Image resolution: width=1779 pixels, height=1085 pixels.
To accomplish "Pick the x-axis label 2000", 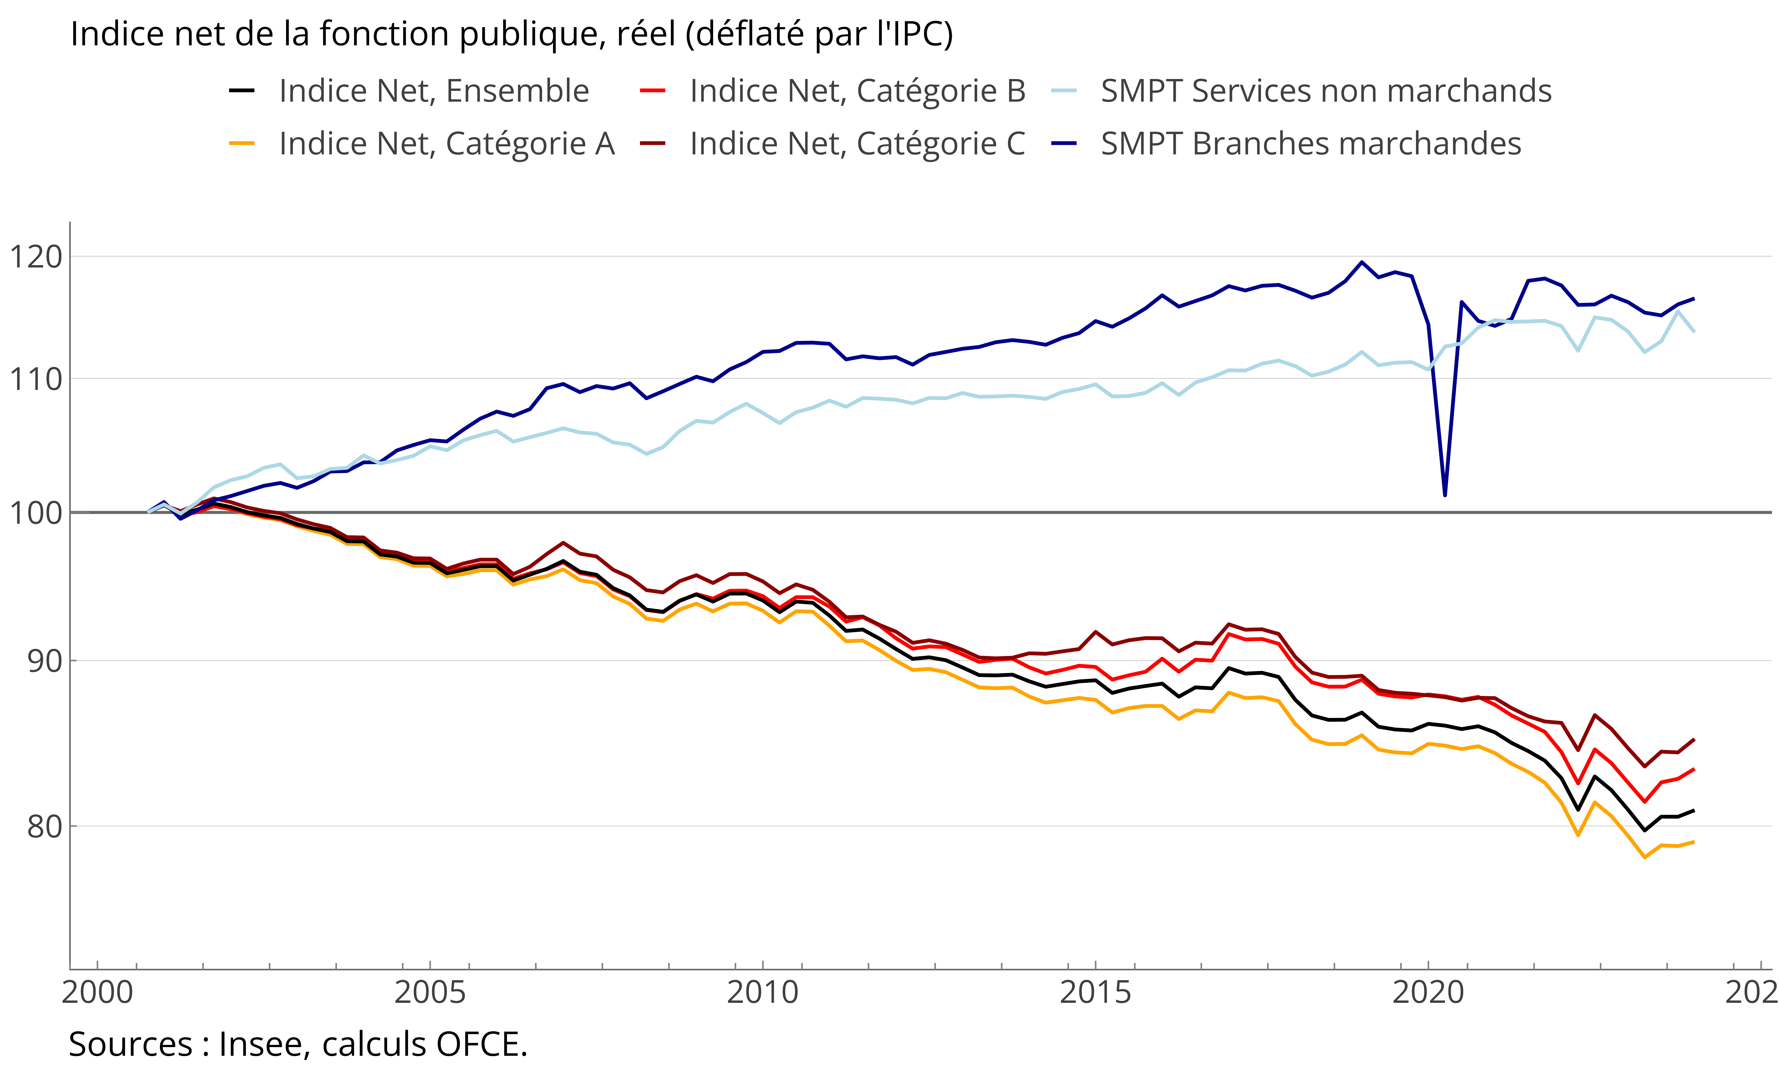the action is point(97,993).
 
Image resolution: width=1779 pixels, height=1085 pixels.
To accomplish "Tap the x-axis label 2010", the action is point(762,993).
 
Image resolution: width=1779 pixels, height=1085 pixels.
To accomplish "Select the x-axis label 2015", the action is point(1095,993).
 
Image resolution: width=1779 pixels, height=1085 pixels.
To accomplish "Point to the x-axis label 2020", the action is point(1428,993).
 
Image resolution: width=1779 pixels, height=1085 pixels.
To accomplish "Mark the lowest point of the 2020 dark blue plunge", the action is point(1445,495).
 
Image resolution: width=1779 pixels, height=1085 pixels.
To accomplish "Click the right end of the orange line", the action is point(1694,842).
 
